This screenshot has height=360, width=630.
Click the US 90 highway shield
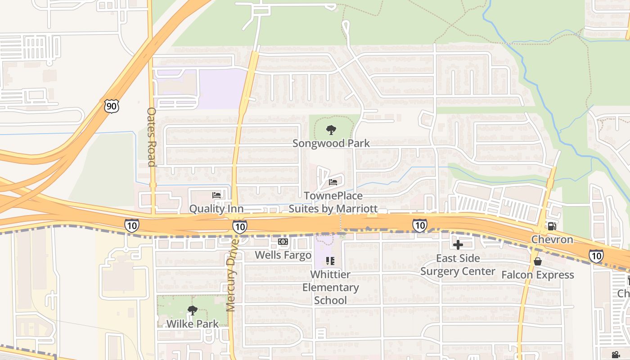(x=111, y=106)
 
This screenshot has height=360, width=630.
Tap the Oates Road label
(x=152, y=137)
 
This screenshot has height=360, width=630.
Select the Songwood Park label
(x=331, y=143)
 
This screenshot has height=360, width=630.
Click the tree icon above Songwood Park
(x=331, y=130)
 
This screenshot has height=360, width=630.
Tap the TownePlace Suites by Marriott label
(x=333, y=202)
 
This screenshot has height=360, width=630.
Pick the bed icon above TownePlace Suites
(x=333, y=182)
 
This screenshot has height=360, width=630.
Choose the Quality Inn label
(x=216, y=209)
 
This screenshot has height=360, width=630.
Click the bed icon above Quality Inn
(x=216, y=195)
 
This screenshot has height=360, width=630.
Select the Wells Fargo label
(x=283, y=255)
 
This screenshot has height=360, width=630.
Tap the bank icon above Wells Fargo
(x=283, y=242)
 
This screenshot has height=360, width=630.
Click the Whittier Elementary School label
(x=330, y=287)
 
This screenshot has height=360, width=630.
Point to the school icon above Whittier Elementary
(x=330, y=261)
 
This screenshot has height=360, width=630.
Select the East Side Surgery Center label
(x=458, y=265)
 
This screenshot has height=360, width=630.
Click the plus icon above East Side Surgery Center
(x=458, y=245)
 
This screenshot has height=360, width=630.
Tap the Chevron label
(x=552, y=239)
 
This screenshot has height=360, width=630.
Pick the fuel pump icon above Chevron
(x=552, y=226)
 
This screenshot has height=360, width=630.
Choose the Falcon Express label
(x=538, y=275)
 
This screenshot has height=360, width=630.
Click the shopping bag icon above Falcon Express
(x=538, y=261)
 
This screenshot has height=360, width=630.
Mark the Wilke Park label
(x=193, y=324)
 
